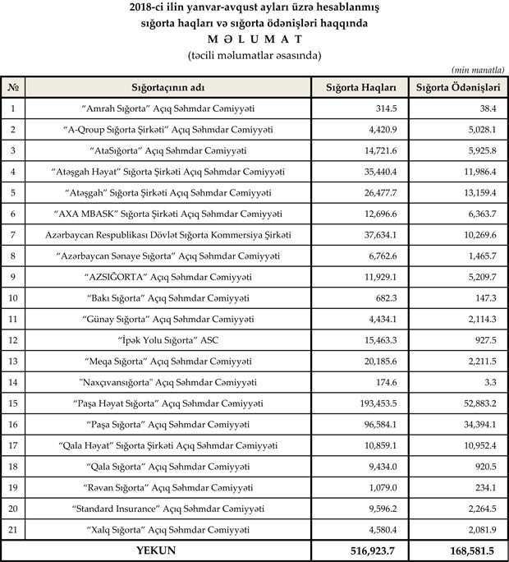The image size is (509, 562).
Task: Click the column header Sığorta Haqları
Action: [x=360, y=87]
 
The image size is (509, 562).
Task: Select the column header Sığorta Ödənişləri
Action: [x=458, y=87]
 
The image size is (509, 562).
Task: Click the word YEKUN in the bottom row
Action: [x=158, y=548]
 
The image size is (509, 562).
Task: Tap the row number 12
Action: [x=13, y=339]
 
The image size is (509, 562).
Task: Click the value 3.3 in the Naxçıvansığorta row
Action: [x=493, y=381]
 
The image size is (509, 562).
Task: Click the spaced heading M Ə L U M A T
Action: [x=254, y=39]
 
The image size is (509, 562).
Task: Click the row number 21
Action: [x=13, y=528]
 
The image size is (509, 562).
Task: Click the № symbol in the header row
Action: [x=13, y=87]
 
